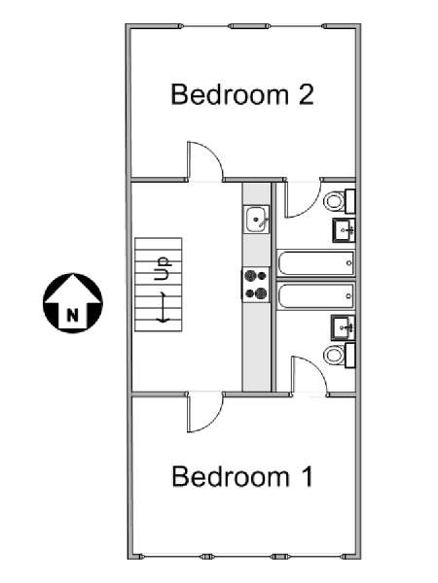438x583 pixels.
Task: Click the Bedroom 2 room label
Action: (242, 94)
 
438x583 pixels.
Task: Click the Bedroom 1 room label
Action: (242, 476)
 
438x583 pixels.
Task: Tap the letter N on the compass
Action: (73, 315)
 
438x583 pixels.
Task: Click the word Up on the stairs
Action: (163, 268)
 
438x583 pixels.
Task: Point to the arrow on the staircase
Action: (163, 307)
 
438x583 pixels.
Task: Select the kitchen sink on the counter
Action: (256, 220)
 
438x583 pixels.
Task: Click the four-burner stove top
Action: (256, 285)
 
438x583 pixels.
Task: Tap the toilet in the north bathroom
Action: (340, 201)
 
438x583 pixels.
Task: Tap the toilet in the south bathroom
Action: (340, 356)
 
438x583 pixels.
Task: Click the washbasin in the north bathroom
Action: (344, 230)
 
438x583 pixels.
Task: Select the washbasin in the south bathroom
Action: (344, 328)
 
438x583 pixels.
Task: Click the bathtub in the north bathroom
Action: (315, 263)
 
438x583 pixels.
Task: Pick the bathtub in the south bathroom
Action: (315, 296)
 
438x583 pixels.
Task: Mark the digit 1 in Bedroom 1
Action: (308, 476)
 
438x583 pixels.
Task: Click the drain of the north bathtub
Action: (348, 263)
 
